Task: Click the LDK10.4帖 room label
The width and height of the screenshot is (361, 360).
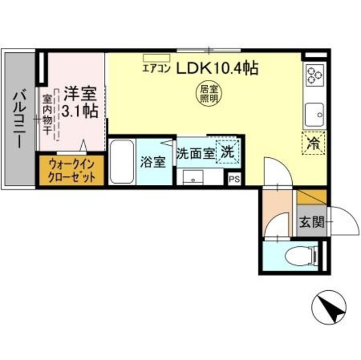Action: pyautogui.click(x=218, y=69)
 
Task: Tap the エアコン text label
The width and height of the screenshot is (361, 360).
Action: pyautogui.click(x=155, y=70)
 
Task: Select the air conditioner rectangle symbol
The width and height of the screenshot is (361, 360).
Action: pyautogui.click(x=157, y=57)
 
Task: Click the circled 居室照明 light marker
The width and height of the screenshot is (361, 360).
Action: pyautogui.click(x=208, y=92)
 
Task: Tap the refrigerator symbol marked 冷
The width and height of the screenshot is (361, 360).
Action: pyautogui.click(x=312, y=142)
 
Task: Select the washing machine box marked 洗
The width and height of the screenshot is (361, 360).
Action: pyautogui.click(x=228, y=151)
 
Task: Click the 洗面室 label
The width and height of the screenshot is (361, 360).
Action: pyautogui.click(x=195, y=153)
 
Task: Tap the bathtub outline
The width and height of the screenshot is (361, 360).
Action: pyautogui.click(x=121, y=161)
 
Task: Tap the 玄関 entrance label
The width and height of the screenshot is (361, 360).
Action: pyautogui.click(x=311, y=222)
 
